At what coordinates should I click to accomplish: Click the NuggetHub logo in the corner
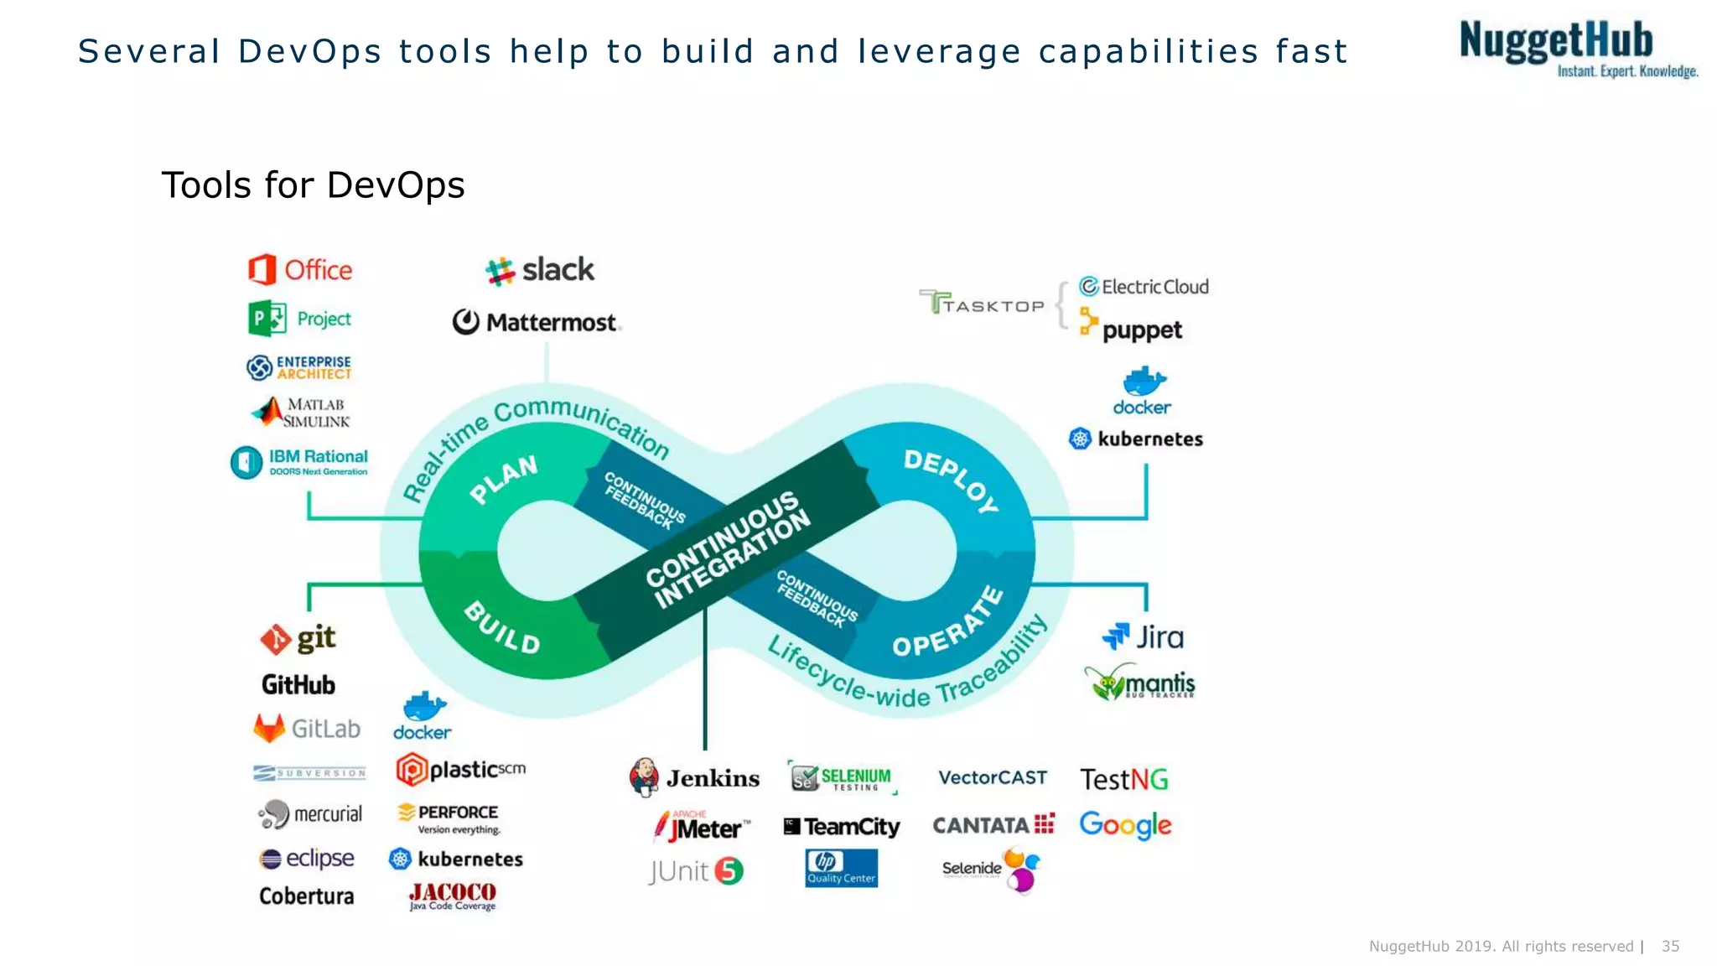point(1576,49)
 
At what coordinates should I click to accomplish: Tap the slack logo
point(540,270)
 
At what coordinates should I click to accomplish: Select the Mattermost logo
point(536,322)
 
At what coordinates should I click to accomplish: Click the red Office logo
point(299,270)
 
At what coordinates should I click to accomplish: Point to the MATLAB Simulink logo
point(301,413)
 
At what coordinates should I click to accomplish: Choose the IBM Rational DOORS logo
point(299,462)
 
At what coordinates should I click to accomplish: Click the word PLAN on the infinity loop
point(503,479)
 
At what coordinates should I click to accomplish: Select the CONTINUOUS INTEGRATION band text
point(728,549)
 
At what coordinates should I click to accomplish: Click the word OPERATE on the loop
point(948,624)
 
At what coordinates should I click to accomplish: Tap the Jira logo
point(1143,637)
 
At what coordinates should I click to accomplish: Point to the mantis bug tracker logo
point(1139,683)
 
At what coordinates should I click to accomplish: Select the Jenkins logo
point(694,778)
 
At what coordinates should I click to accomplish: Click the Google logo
point(1125,825)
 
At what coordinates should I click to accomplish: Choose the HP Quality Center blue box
point(841,868)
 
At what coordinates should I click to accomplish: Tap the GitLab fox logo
point(270,728)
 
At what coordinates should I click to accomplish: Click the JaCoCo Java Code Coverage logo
point(453,896)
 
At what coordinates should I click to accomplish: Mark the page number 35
point(1670,946)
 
